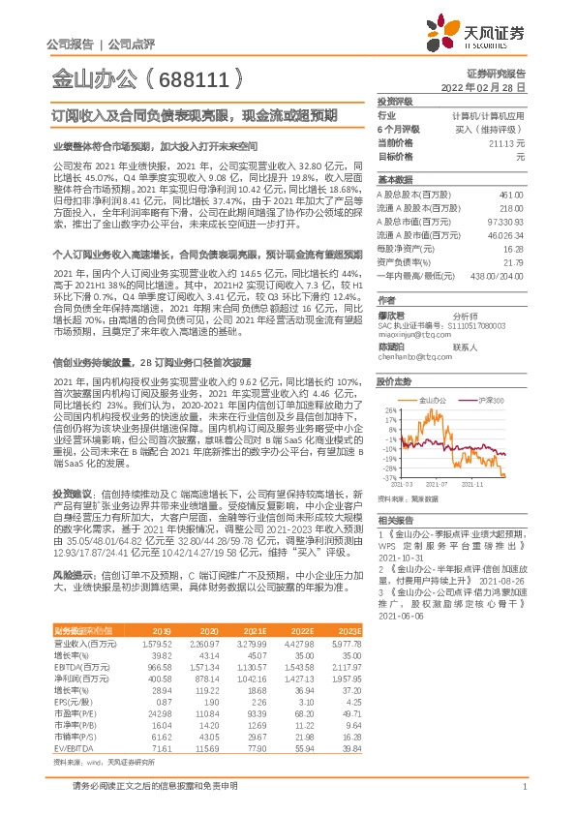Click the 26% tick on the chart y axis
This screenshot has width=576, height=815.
[389, 409]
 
